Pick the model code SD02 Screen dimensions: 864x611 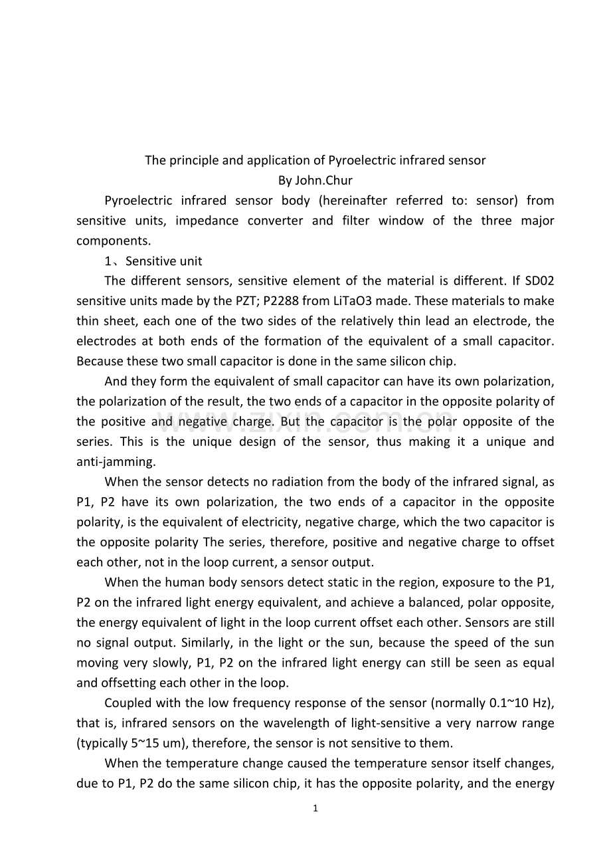coord(539,281)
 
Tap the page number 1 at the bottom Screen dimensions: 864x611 coord(315,809)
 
